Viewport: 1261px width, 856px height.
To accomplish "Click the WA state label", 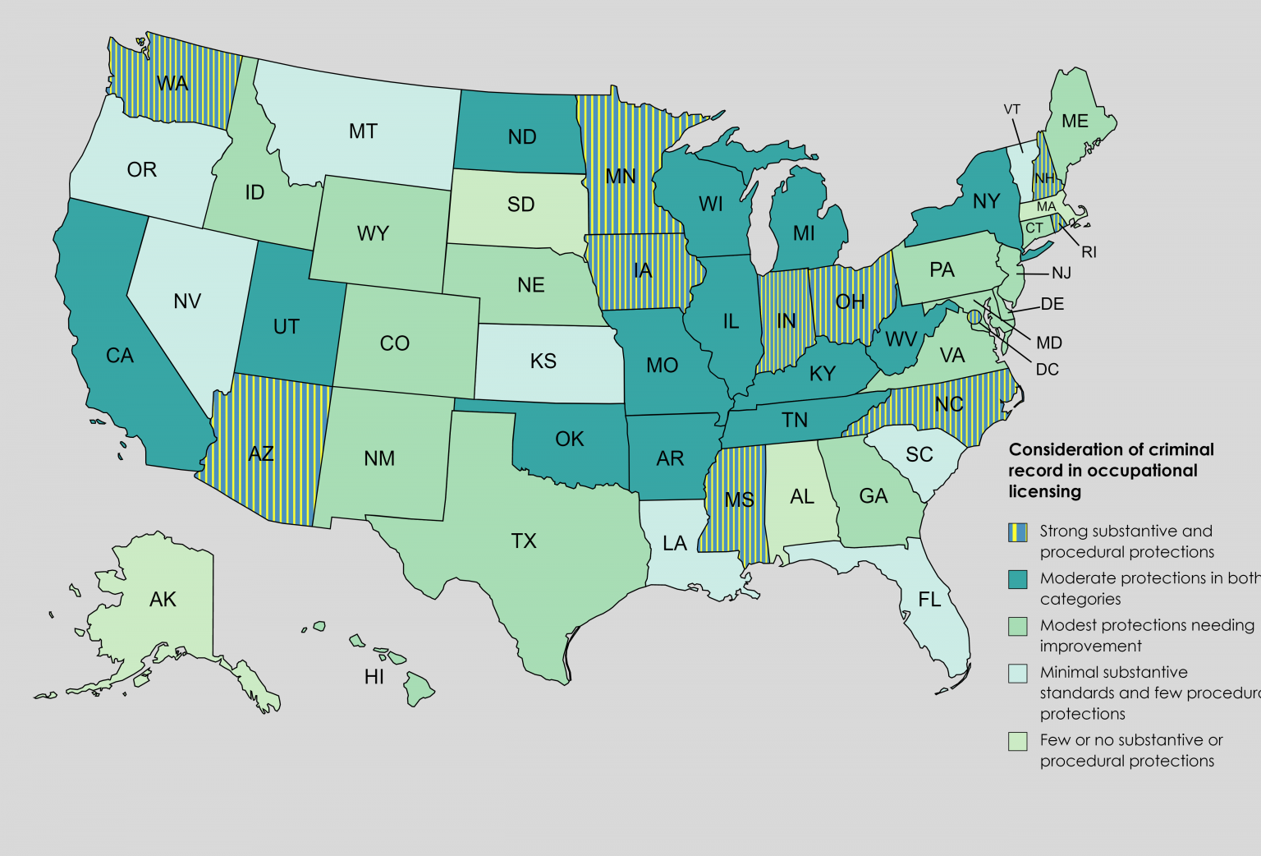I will (172, 83).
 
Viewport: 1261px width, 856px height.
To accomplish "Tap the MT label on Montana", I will (363, 131).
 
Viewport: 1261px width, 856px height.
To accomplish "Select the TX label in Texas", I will (524, 541).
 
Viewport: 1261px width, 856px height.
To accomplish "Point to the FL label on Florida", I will (929, 600).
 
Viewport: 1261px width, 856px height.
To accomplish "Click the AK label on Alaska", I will (163, 600).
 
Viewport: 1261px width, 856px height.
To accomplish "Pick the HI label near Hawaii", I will (374, 677).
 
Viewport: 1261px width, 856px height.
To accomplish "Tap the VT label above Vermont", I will (1011, 109).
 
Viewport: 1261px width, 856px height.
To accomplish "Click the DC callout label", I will (1047, 370).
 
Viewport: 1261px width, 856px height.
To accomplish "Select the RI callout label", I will (1089, 252).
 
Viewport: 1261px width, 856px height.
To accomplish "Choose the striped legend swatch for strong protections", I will (1018, 532).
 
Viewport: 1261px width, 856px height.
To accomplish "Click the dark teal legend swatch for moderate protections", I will (1018, 579).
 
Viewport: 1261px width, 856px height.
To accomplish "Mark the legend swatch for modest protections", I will (1018, 626).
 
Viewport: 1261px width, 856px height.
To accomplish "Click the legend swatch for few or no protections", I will (1018, 741).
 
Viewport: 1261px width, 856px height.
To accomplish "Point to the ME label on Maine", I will (1075, 122).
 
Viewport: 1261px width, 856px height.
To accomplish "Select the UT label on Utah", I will (286, 327).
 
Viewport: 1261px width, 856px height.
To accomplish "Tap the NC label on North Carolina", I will (949, 404).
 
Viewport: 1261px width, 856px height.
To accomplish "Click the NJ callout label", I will (1062, 273).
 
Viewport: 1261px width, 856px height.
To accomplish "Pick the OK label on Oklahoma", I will (569, 439).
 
